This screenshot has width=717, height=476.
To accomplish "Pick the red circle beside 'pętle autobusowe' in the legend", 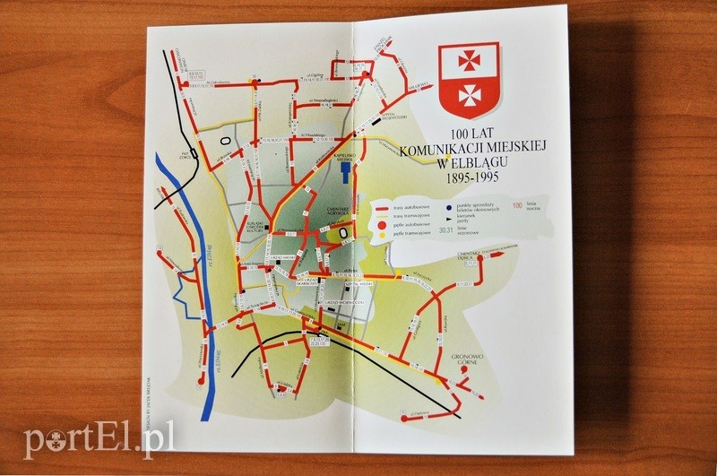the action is pos(379,227).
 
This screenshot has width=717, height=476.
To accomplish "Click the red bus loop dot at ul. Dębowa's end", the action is pos(405,418).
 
